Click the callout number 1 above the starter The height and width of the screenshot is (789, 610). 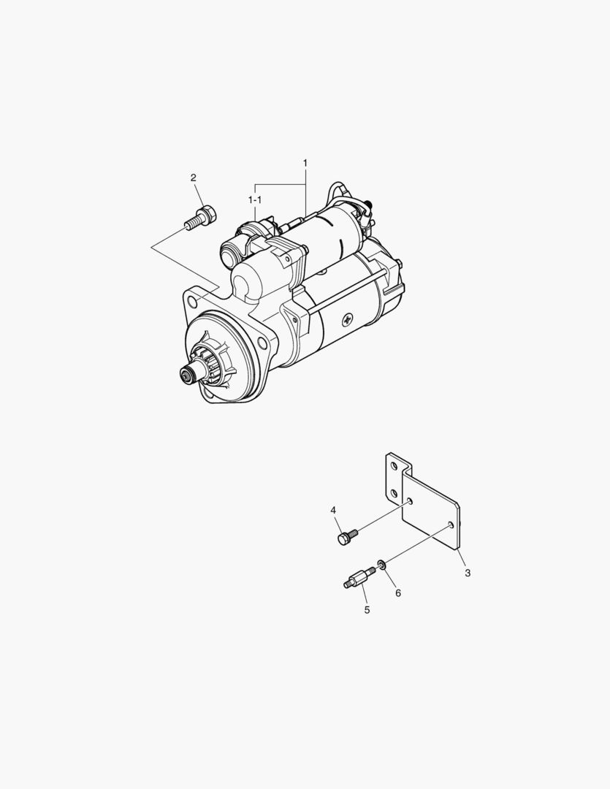(x=305, y=163)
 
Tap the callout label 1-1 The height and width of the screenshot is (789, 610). (x=255, y=199)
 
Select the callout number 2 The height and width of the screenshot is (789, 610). (x=194, y=177)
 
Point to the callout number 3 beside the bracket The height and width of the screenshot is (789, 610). (x=468, y=573)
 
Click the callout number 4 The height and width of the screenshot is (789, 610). (x=333, y=510)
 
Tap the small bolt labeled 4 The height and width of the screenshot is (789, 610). (x=347, y=536)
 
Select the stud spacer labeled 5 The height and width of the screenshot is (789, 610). (x=359, y=578)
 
